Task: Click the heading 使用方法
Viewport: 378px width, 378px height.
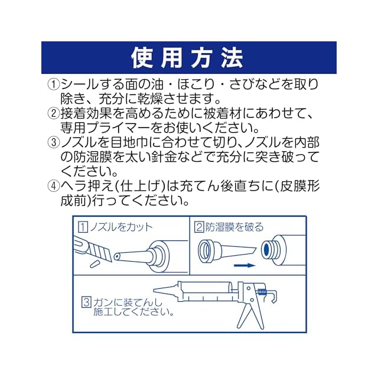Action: coord(188,57)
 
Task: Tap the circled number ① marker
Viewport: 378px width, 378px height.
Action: coord(54,84)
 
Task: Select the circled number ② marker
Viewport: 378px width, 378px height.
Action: coord(54,113)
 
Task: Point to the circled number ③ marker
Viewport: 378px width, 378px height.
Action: coord(54,142)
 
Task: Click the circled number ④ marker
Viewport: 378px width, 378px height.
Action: coord(54,186)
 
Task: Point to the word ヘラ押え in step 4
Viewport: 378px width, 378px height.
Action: coord(86,186)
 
